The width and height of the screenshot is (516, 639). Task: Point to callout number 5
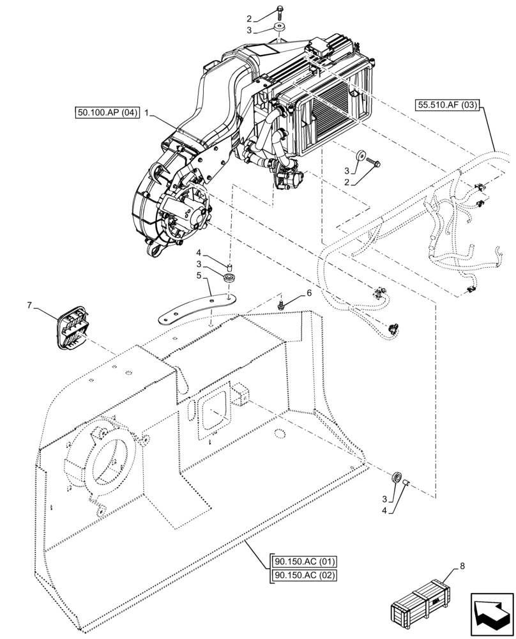(x=199, y=276)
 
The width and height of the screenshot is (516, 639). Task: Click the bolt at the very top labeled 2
(x=281, y=10)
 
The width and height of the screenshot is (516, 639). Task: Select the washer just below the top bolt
(x=279, y=29)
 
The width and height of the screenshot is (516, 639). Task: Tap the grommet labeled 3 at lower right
(x=396, y=478)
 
